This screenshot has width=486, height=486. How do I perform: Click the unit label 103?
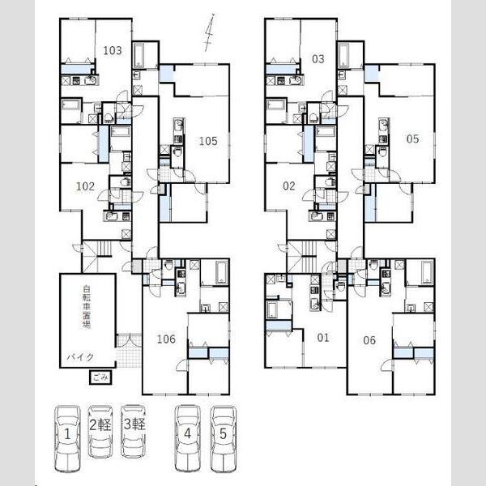[x=113, y=50]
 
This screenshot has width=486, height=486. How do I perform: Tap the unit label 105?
[x=208, y=141]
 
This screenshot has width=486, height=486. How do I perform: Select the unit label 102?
[x=85, y=186]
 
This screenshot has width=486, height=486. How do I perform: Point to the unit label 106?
[x=166, y=339]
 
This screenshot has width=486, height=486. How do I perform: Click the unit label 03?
[x=318, y=59]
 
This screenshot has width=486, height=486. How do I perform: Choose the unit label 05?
[x=412, y=139]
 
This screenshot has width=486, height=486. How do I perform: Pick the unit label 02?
[x=289, y=186]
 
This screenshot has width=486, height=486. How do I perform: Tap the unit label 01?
[x=323, y=338]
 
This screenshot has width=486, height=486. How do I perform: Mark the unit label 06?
[x=369, y=340]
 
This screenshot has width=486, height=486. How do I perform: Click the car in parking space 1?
[x=67, y=438]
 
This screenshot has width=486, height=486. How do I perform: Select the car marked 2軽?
[x=100, y=432]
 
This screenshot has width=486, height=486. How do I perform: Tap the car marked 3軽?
[x=134, y=432]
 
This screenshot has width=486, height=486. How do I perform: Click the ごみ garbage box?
[x=100, y=377]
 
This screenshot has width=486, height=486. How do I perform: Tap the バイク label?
[x=80, y=357]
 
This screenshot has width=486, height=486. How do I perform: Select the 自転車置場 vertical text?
[x=87, y=307]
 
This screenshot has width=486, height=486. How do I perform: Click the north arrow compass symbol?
[x=210, y=32]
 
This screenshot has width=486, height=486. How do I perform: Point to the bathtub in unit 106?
[x=220, y=273]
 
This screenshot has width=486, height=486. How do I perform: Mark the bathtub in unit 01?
[x=272, y=310]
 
